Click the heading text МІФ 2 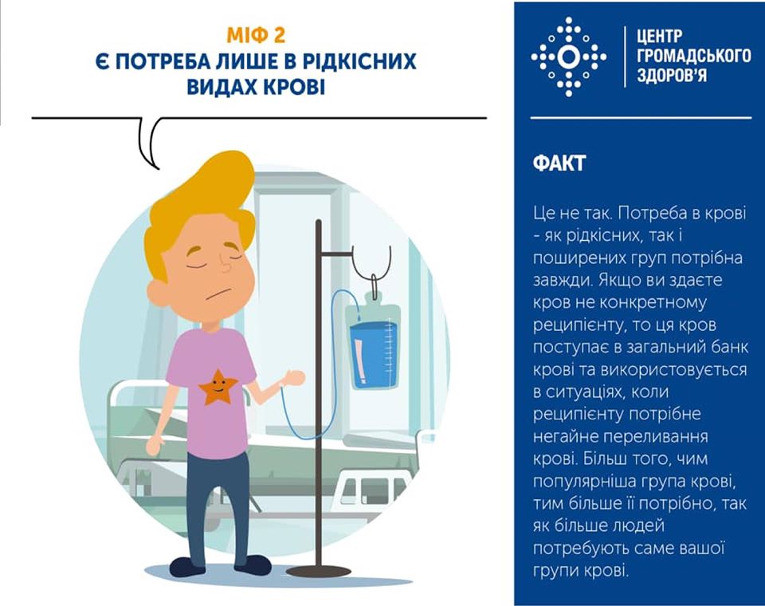click(256, 36)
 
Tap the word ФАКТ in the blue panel click(559, 163)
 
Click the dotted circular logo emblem click(568, 57)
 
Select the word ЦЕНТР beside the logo click(660, 36)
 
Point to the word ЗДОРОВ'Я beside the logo click(672, 76)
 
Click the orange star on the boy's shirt click(217, 387)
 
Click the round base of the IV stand click(318, 572)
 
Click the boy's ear click(160, 293)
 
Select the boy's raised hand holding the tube click(295, 377)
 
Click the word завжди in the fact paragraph click(555, 281)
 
